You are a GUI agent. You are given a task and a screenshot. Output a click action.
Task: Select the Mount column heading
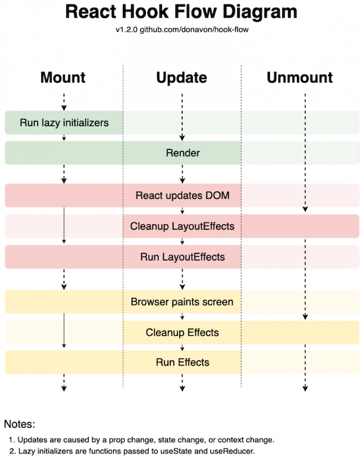point(63,78)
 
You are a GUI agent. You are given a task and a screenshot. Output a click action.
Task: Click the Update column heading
point(182,78)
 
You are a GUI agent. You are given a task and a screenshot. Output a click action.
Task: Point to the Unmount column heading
point(300,78)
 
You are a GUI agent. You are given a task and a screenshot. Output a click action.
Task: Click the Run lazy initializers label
point(64,122)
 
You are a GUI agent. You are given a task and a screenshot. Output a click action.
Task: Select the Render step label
point(183,153)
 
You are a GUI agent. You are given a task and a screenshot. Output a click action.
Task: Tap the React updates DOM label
point(182,195)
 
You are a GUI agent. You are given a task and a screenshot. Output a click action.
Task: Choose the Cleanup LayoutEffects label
point(182,226)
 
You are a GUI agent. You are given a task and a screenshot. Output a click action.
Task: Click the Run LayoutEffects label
point(183,257)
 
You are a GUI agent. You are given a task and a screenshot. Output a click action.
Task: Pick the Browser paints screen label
point(182,301)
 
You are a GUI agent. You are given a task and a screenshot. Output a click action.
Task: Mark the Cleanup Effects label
point(182,333)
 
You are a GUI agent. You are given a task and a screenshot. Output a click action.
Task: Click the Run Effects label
point(183,362)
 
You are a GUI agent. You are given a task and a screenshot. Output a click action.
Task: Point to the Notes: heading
point(21,425)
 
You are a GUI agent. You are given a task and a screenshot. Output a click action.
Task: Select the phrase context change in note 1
point(248,440)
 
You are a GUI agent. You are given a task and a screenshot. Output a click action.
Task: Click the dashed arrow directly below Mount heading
point(64,100)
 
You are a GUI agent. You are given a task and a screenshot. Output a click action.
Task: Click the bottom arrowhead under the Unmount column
point(305,388)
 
